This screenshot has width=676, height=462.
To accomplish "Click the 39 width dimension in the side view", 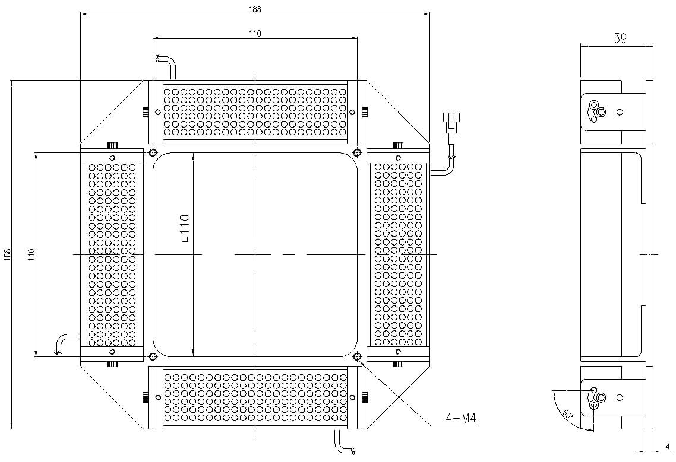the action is pos(620,39).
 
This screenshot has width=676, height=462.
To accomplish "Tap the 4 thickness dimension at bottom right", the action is pos(668,446).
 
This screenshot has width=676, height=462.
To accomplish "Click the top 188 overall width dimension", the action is pos(255,9).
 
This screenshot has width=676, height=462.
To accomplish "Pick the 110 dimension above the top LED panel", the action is pos(255,34).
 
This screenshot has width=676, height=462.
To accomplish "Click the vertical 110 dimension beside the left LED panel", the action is pos(30,254).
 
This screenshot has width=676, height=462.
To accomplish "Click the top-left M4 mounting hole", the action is pos(153,152).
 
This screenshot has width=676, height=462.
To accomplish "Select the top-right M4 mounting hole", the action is pos(357,152).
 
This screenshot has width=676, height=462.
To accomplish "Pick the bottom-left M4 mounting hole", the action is pos(153,356).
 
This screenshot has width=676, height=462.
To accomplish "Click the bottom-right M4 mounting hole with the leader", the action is pos(357,356).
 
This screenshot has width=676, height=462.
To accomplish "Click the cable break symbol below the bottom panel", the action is pos(353,451).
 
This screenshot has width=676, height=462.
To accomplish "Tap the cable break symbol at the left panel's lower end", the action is pos(58,352).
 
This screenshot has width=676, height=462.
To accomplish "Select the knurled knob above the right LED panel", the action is pos(397,145).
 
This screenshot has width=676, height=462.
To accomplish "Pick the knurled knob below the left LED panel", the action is pos(112,364).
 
